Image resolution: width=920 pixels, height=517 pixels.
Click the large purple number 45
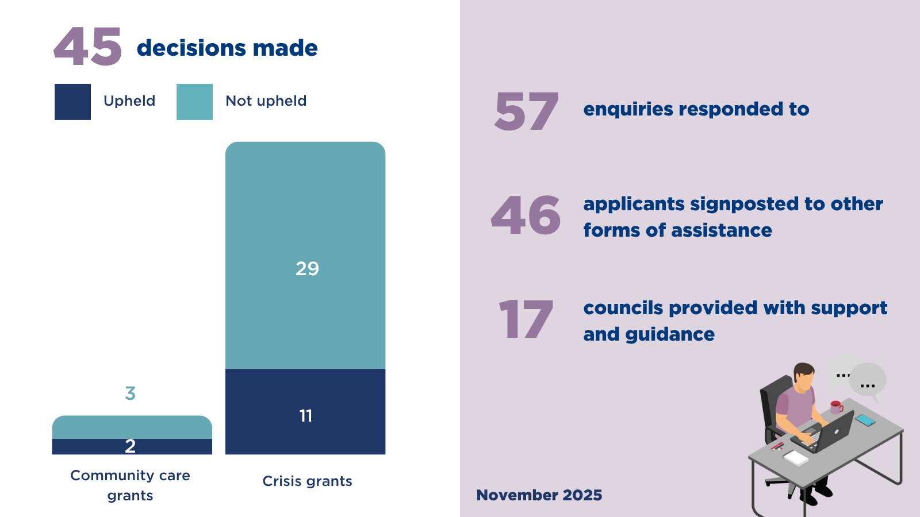point(88,46)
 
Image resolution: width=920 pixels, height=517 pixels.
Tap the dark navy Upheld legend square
point(72,102)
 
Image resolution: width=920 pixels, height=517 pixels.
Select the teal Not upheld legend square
point(195,102)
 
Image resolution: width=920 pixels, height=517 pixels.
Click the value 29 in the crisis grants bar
point(307,269)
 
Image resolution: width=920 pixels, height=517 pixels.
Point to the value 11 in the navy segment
point(305,416)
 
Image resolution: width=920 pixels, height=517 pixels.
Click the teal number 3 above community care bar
point(130,393)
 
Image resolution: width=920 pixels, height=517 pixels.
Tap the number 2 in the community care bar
point(130,446)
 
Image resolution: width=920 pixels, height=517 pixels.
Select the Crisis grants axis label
point(307,481)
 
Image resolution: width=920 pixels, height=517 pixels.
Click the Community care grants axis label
point(130,485)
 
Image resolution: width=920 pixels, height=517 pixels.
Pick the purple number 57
point(527,111)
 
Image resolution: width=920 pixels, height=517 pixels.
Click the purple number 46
point(526,215)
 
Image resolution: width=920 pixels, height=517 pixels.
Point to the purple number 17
point(526,319)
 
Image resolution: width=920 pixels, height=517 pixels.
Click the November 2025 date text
point(539,495)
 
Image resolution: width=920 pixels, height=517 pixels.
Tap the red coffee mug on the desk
point(836,407)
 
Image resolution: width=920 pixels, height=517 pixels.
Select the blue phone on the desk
point(865,420)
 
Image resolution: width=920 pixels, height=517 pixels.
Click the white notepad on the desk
point(796,457)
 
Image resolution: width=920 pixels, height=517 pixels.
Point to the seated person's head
point(803,376)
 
